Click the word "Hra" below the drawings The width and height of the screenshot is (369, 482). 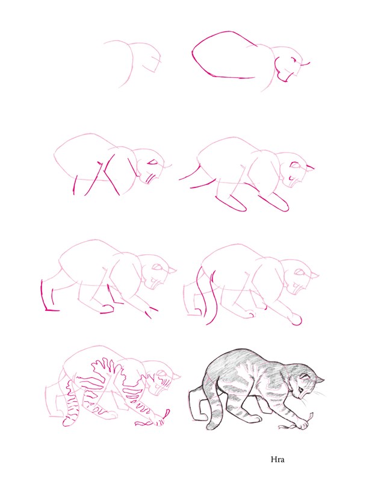tap(277, 460)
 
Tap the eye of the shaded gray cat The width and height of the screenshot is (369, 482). tap(300, 390)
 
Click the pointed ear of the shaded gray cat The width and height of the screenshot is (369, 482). tap(320, 381)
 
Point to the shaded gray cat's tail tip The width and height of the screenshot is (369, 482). tap(212, 427)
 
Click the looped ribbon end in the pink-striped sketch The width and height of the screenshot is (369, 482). tap(167, 413)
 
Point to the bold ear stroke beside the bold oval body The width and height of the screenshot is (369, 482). tap(305, 64)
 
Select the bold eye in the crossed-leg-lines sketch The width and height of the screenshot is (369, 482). tap(152, 163)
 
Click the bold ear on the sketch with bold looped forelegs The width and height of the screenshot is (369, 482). tap(309, 168)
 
